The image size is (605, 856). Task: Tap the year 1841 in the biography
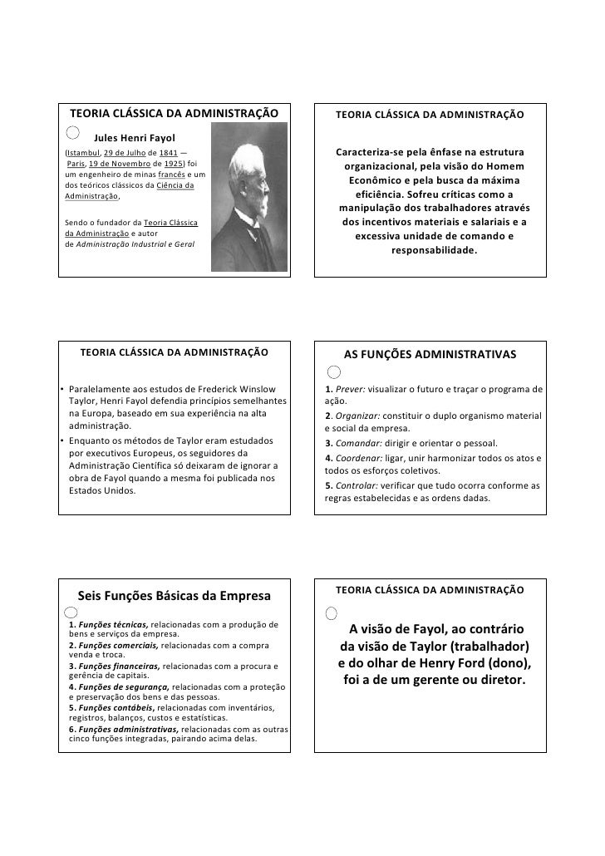click(x=167, y=154)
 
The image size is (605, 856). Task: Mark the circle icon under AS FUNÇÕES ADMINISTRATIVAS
click(x=333, y=371)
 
